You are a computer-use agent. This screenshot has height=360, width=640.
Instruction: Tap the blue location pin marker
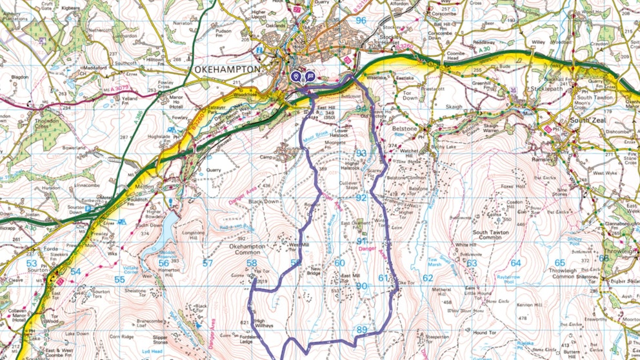click(296, 77)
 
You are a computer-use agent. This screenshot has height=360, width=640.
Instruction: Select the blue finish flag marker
click(310, 77)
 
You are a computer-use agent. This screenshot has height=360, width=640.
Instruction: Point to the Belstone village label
click(405, 128)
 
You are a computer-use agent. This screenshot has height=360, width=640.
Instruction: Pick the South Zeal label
click(589, 121)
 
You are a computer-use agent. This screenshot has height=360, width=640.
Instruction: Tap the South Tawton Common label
click(495, 236)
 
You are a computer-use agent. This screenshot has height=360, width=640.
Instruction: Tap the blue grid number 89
click(361, 330)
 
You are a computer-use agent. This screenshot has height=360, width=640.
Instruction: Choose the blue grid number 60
click(339, 263)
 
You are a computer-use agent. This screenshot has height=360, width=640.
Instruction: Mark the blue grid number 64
click(515, 263)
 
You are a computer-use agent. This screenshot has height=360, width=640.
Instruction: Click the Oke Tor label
click(405, 282)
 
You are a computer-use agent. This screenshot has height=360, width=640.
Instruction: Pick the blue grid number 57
click(207, 263)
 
